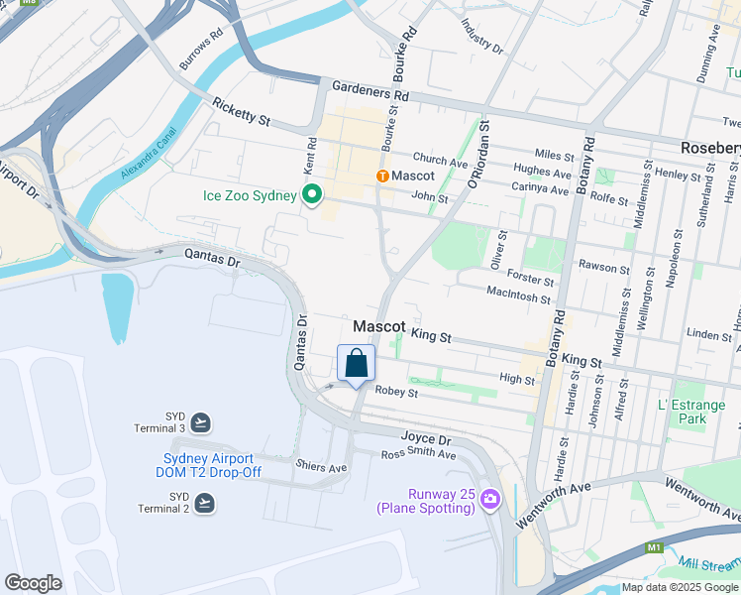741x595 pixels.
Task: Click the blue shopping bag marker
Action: click(x=357, y=364)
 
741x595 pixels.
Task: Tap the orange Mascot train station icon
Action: click(x=382, y=176)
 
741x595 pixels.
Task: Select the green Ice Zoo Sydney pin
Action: click(x=312, y=195)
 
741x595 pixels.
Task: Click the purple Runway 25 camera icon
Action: click(x=489, y=501)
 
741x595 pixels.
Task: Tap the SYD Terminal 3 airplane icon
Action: click(x=202, y=421)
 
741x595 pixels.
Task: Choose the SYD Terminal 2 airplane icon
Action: click(x=204, y=503)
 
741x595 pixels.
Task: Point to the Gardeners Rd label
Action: click(x=371, y=90)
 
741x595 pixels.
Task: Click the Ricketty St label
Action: click(x=241, y=112)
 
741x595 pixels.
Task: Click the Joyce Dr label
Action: click(x=426, y=438)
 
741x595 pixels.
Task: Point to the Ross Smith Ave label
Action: click(x=419, y=454)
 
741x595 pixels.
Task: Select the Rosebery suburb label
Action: click(x=710, y=147)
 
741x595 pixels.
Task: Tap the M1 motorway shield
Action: click(x=653, y=546)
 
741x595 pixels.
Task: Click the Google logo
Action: click(x=33, y=582)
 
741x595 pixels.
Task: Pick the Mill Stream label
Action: click(x=711, y=562)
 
